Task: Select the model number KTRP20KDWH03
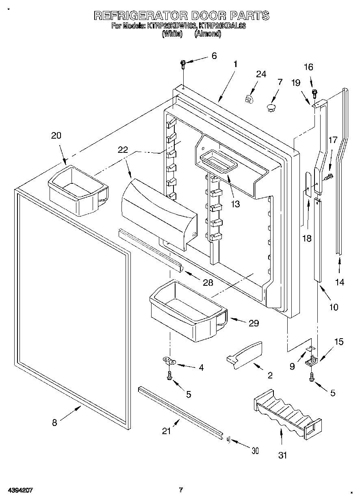171,26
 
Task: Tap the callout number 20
56,136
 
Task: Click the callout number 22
123,150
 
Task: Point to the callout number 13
235,204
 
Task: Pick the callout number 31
282,455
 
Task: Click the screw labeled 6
183,63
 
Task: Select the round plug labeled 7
271,107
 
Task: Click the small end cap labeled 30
228,439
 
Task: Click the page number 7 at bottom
181,489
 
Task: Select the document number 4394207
20,490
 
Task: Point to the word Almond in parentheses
208,35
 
